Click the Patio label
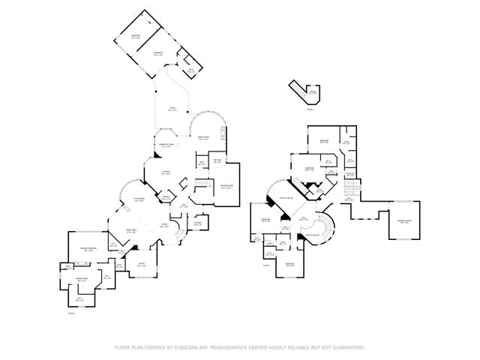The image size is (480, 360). point(172,110)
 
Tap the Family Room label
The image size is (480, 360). point(203,139)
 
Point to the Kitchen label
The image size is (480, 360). point(167,172)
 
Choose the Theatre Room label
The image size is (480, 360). point(226,186)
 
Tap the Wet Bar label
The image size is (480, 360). point(217,161)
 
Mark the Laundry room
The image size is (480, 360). point(198,223)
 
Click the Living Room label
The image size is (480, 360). point(139,200)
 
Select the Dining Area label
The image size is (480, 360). point(130,232)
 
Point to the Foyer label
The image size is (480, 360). point(163,224)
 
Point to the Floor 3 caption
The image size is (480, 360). point(310,109)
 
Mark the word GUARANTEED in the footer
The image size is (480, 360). point(349,347)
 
